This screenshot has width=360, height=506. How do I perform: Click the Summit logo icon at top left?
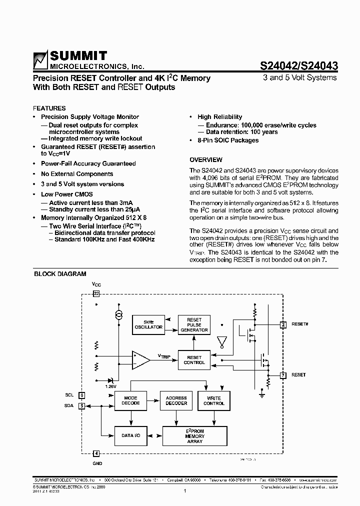[40, 59]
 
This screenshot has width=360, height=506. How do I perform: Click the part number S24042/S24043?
[298, 65]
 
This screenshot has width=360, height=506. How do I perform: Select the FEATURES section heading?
[49, 108]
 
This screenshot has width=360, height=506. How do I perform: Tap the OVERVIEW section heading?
[206, 160]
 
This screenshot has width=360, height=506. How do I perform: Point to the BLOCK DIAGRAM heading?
[60, 274]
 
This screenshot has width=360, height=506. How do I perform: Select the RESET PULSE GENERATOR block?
[194, 324]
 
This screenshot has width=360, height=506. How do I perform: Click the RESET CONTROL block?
[194, 359]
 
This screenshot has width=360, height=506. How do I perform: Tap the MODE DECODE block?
[131, 400]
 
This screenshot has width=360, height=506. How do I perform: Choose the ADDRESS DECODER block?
[176, 400]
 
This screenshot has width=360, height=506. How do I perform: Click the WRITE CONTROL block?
[214, 400]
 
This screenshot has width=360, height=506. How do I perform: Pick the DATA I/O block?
[131, 435]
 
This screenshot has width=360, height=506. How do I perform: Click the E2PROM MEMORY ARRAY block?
[194, 436]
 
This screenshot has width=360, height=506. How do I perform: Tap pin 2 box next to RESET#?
[283, 324]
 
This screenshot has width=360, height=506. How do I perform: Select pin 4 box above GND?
[96, 454]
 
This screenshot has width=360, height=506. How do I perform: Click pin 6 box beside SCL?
[82, 395]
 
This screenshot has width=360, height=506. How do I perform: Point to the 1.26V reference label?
[110, 386]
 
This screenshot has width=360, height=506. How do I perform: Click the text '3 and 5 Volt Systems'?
[300, 77]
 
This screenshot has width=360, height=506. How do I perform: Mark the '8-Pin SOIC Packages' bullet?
[228, 140]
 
